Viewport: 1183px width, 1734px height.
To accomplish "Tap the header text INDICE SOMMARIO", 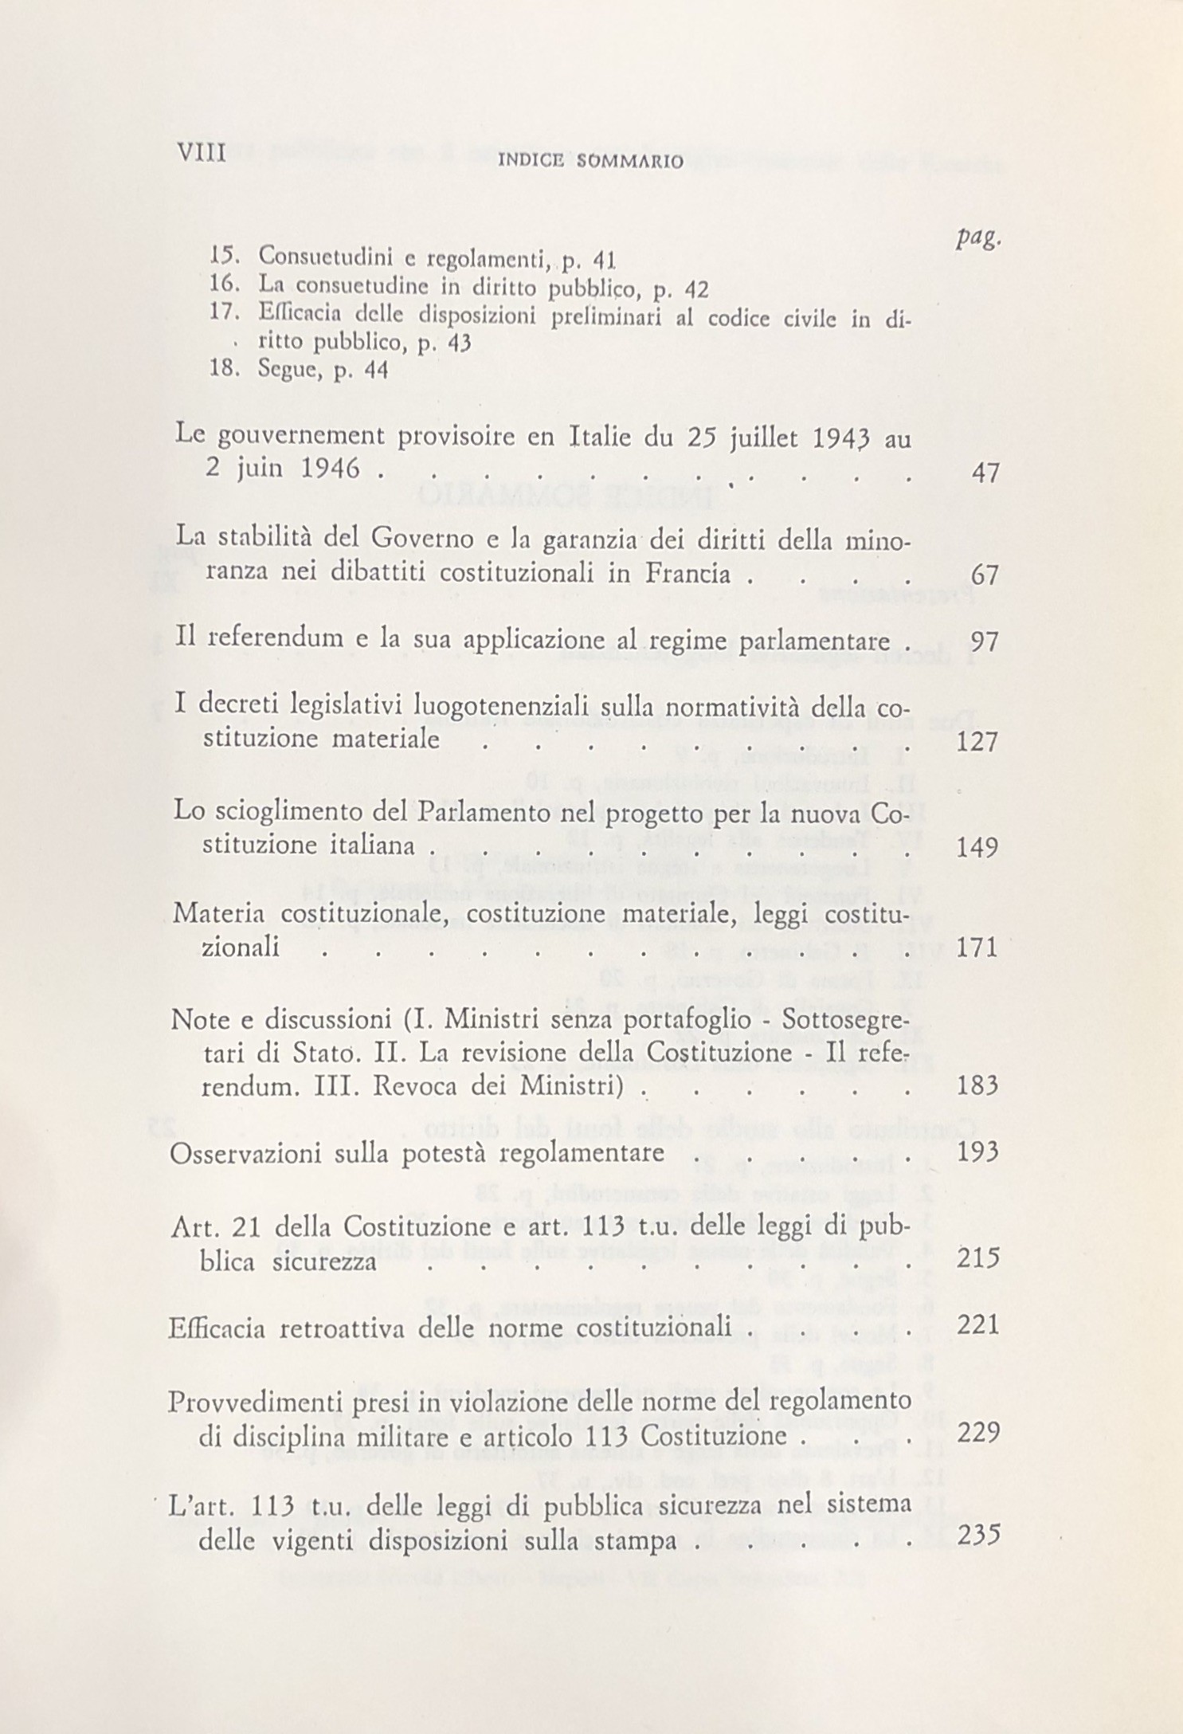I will click(590, 163).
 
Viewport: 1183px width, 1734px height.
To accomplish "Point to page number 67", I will click(985, 576).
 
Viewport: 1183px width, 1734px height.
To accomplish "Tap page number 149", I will click(976, 846).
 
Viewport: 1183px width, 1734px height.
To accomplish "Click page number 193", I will click(976, 1153).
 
